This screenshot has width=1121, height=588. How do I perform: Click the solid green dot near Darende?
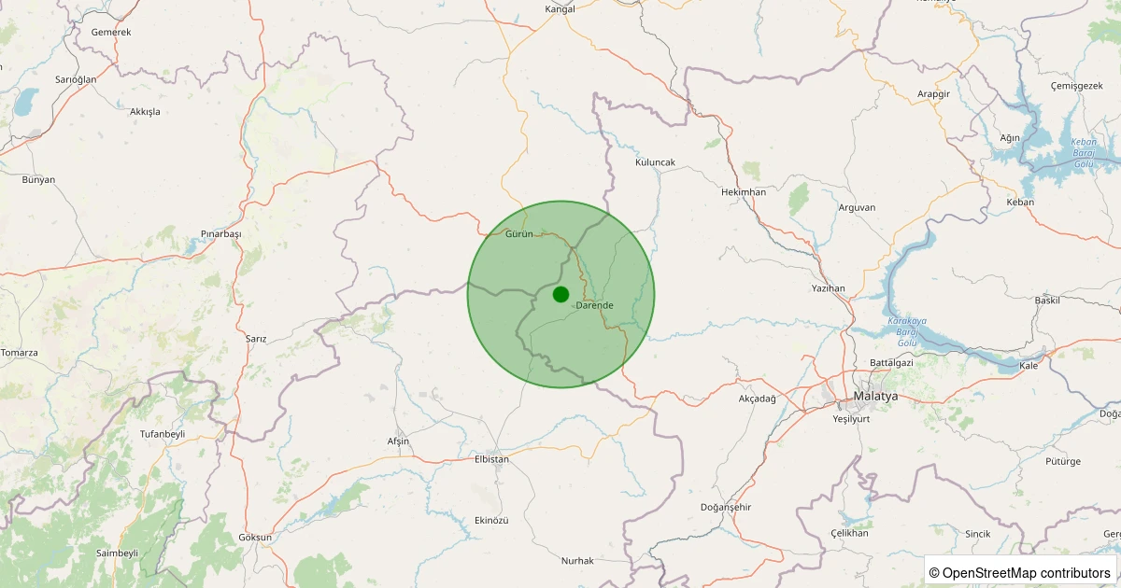(x=560, y=294)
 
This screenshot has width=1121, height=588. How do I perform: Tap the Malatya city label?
(x=875, y=397)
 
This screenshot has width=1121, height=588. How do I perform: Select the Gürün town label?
(x=518, y=233)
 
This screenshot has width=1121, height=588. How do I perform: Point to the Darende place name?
(x=595, y=305)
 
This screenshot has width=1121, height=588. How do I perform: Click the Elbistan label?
(x=492, y=459)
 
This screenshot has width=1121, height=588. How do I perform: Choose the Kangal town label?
(x=560, y=9)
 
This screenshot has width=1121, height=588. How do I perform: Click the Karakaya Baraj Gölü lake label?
(x=901, y=332)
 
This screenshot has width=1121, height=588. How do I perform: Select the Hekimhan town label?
(x=744, y=191)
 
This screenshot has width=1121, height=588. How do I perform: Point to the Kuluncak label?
(x=655, y=161)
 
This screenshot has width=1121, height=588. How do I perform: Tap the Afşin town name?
(x=398, y=441)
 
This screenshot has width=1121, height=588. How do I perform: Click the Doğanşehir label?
(x=725, y=507)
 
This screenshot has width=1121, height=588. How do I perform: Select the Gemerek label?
(x=111, y=32)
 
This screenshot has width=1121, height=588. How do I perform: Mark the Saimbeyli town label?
(x=117, y=553)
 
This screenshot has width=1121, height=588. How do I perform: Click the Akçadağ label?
(x=757, y=399)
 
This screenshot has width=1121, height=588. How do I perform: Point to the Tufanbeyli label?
(x=163, y=434)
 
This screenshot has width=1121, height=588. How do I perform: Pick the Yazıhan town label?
(x=829, y=288)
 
